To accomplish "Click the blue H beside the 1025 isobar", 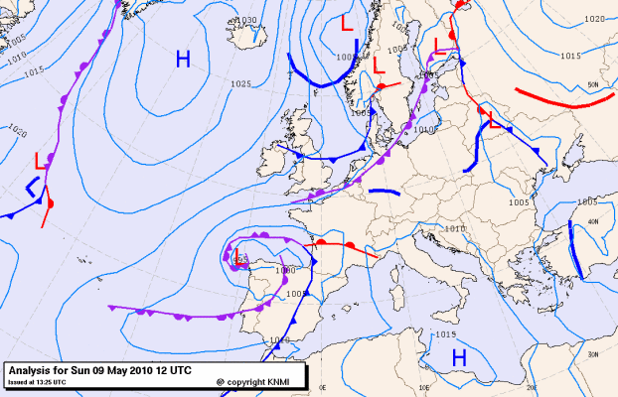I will (183, 61).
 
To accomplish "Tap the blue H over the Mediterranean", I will (459, 356).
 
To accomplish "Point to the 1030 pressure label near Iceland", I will (244, 20).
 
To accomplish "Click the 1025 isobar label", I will (239, 84).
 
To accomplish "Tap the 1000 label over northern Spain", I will (285, 270).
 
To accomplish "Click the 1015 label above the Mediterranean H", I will (446, 334).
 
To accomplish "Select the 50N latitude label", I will (593, 85).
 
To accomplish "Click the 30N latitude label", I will (593, 354).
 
